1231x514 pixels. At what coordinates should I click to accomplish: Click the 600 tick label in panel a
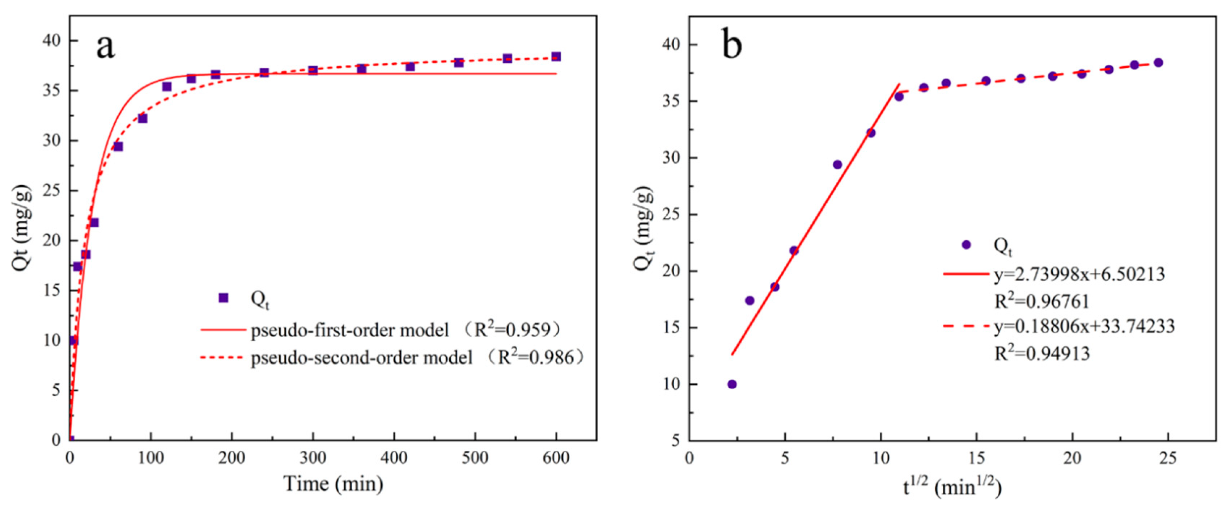click(556, 458)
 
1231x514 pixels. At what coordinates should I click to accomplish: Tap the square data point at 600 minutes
click(556, 56)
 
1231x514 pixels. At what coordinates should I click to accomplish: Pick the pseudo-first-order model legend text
click(349, 330)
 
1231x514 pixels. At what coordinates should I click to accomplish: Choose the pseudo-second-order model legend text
click(361, 357)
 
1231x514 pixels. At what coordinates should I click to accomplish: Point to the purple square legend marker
click(223, 298)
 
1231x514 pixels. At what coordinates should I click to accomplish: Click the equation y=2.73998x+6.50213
click(1079, 274)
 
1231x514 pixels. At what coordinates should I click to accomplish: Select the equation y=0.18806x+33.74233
click(1084, 326)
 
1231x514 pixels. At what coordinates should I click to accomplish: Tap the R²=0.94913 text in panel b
click(1042, 353)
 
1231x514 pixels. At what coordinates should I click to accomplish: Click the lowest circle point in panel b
click(732, 384)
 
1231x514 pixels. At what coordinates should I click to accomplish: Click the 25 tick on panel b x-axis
click(1168, 458)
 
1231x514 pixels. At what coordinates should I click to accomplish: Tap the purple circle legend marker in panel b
click(966, 244)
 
